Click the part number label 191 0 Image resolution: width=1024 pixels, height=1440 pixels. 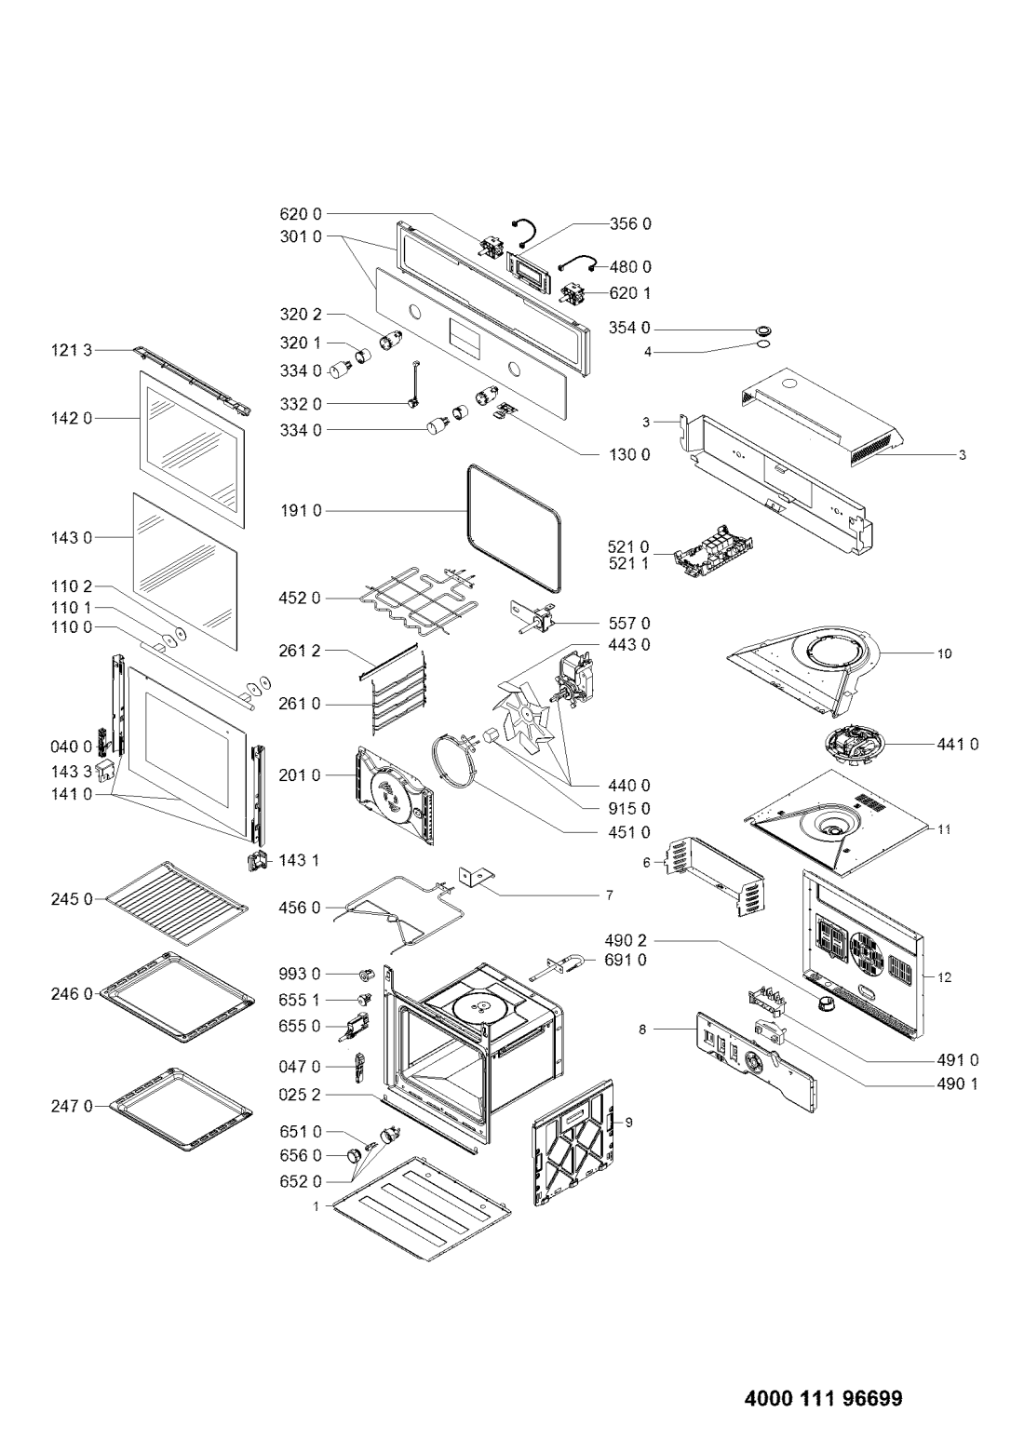pyautogui.click(x=300, y=511)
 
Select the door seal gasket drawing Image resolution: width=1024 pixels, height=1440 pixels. pyautogui.click(x=516, y=529)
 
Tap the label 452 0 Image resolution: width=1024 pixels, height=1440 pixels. pyautogui.click(x=300, y=598)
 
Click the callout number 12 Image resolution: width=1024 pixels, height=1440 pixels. pyautogui.click(x=945, y=977)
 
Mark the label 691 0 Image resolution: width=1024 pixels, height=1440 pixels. pyautogui.click(x=630, y=960)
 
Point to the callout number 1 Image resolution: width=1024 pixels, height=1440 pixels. pyautogui.click(x=316, y=1205)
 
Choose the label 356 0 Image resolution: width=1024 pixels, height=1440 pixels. pyautogui.click(x=630, y=223)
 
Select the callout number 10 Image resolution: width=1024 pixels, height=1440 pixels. pyautogui.click(x=944, y=653)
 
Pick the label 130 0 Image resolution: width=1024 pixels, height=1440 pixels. pyautogui.click(x=630, y=455)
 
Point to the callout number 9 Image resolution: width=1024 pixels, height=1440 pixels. pyautogui.click(x=627, y=1123)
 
